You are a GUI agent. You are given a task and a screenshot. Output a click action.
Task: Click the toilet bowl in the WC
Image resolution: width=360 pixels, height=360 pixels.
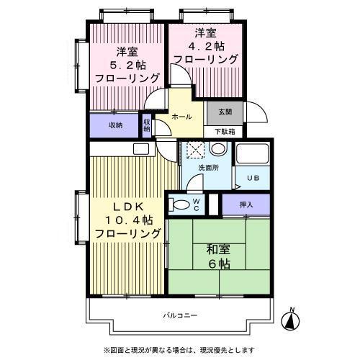(182, 204)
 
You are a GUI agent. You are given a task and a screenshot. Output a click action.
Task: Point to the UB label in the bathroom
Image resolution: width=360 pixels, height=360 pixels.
(253, 179)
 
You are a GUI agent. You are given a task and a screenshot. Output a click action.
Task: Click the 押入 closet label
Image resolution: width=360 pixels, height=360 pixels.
(246, 204)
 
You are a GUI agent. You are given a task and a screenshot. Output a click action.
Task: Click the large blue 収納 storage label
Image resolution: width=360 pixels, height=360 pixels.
(115, 125)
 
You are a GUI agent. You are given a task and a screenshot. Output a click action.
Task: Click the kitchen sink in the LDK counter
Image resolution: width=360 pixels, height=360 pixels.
(141, 150)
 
